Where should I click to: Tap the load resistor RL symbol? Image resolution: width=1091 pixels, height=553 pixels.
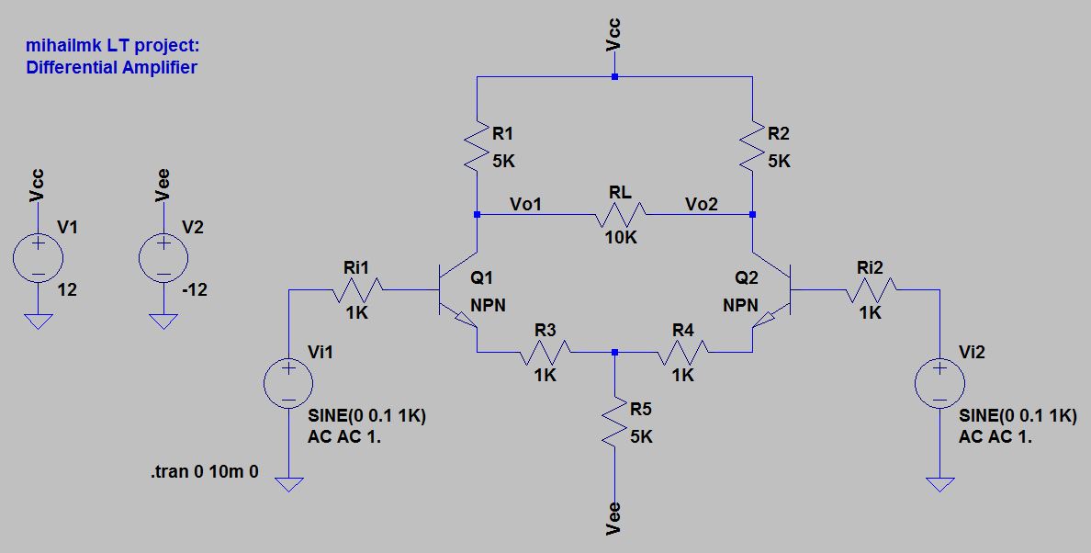pos(620,215)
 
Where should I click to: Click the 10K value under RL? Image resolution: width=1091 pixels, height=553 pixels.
pos(620,237)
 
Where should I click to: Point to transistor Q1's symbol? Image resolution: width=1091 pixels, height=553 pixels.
pos(456,290)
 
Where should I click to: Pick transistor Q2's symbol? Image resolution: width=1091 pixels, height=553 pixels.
pos(773,290)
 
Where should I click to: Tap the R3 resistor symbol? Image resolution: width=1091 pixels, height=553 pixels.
pos(545,352)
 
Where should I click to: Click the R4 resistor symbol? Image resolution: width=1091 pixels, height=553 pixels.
pos(683,352)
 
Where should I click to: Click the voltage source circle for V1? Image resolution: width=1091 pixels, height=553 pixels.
pos(38,256)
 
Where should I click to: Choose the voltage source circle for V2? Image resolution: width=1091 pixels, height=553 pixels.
pos(163,256)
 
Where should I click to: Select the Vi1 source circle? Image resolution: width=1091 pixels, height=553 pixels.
pos(288,383)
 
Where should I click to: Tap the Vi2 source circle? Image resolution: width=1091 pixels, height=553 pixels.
pos(939,383)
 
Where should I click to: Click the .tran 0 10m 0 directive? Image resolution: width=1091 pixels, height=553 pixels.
pos(204,472)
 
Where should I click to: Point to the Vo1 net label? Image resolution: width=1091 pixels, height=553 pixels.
pos(525,204)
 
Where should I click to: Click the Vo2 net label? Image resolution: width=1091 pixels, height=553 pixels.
pos(702,204)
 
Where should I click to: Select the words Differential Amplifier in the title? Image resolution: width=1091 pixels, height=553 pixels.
pos(111,67)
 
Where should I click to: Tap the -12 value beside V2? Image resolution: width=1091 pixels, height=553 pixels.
pos(195,289)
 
